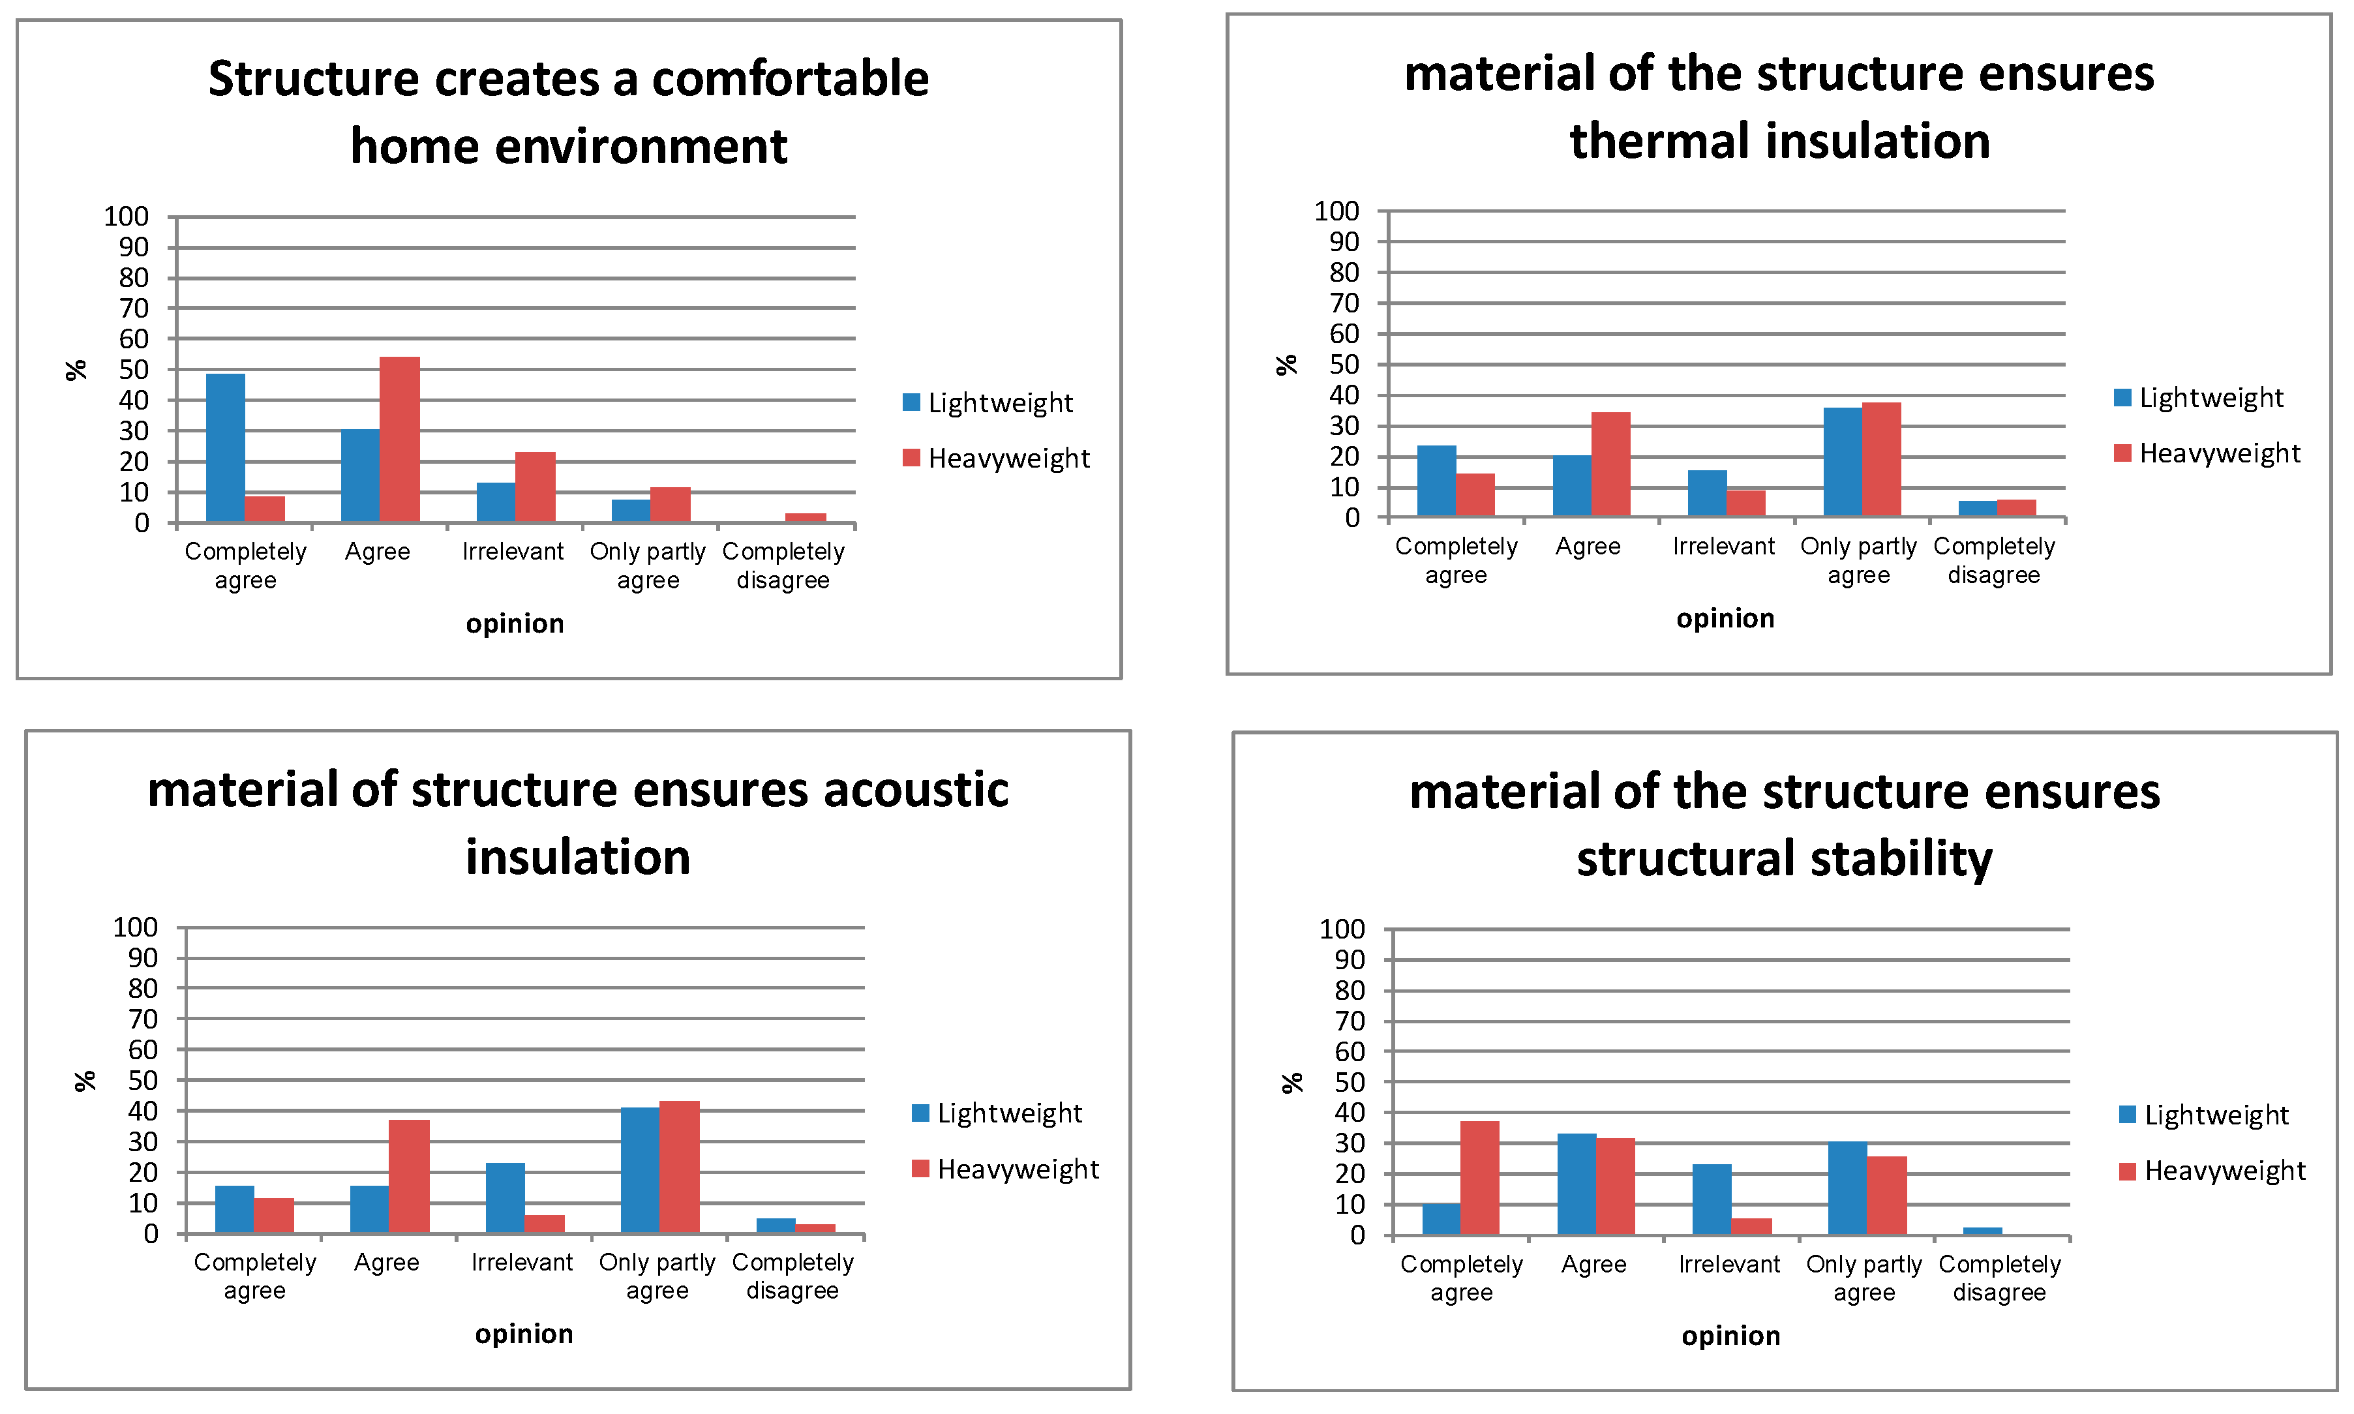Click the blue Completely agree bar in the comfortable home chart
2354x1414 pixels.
225,448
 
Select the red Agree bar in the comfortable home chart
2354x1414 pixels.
399,439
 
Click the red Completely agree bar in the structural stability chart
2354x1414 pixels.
1479,1178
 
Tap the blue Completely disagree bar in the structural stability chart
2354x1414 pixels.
1982,1231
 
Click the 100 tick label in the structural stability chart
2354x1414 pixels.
1341,929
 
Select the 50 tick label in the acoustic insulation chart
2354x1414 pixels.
143,1081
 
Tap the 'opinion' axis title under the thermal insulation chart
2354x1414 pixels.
1725,618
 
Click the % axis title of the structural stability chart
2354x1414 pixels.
1291,1083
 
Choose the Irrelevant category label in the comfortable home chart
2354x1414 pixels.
513,552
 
